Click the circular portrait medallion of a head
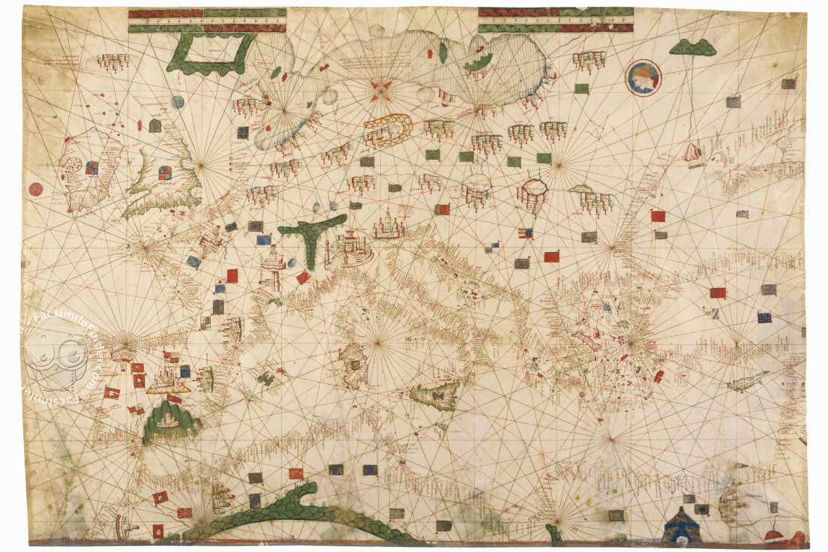point(643,76)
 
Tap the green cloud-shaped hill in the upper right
point(692,48)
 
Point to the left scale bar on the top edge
point(207,20)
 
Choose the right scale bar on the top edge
point(555,20)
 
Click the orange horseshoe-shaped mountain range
point(387,129)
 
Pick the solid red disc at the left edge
point(35,189)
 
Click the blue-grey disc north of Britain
point(178,101)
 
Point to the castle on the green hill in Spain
point(170,420)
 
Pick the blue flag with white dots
point(764,317)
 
